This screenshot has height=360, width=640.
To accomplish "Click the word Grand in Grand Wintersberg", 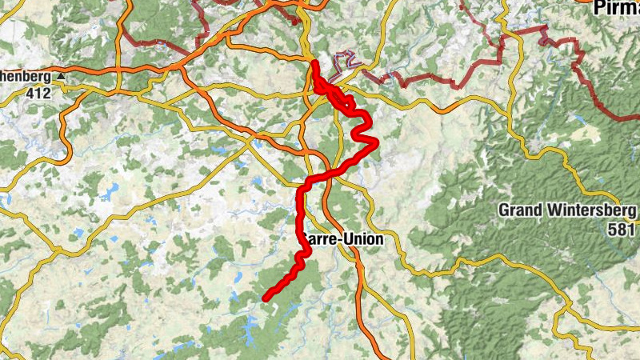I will click(520, 210).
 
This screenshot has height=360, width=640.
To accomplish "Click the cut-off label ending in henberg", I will click(25, 78).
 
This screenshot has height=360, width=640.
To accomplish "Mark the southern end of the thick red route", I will click(266, 298).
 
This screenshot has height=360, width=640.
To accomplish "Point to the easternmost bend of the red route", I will click(375, 142).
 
